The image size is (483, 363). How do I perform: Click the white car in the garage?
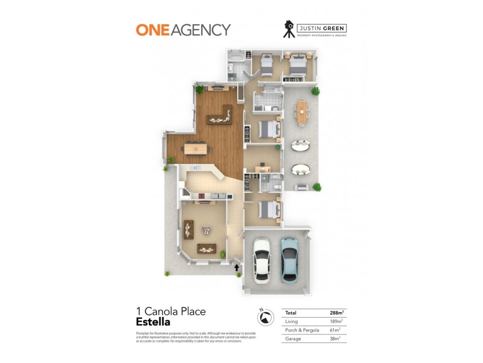(x=262, y=259)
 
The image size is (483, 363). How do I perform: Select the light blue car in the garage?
(x=289, y=259)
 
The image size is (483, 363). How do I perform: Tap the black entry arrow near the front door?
(x=237, y=267)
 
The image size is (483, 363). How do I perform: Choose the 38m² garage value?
(x=337, y=339)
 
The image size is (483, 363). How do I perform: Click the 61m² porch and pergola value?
(x=337, y=330)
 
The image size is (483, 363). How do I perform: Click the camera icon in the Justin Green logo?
(x=290, y=29)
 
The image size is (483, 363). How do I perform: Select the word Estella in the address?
(x=153, y=322)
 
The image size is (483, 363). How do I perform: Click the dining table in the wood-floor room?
(x=196, y=146)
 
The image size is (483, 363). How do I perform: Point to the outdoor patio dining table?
(x=301, y=111)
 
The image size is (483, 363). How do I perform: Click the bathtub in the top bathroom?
(x=235, y=59)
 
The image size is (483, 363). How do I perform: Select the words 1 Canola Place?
(x=171, y=312)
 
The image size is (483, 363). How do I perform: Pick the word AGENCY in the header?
(x=200, y=30)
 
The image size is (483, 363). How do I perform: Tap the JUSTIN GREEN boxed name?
(x=324, y=27)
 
